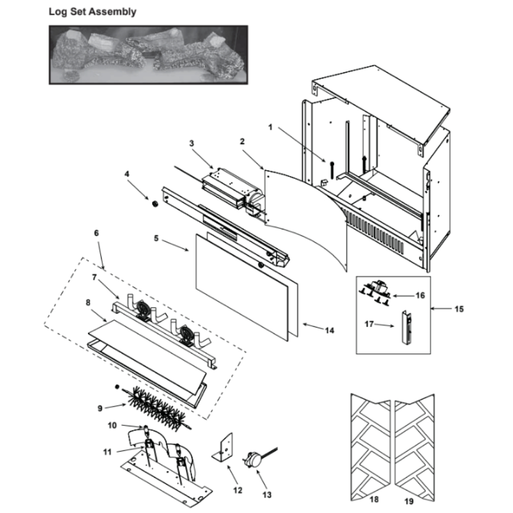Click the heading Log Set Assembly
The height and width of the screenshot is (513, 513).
pyautogui.click(x=92, y=12)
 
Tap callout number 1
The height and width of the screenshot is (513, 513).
pyautogui.click(x=270, y=127)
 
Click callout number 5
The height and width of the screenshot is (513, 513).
pyautogui.click(x=156, y=238)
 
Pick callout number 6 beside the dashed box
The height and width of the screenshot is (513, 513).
pyautogui.click(x=96, y=232)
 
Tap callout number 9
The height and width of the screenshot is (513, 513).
pyautogui.click(x=100, y=408)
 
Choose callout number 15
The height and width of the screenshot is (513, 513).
pyautogui.click(x=459, y=309)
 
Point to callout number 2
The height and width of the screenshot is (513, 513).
pyautogui.click(x=242, y=141)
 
